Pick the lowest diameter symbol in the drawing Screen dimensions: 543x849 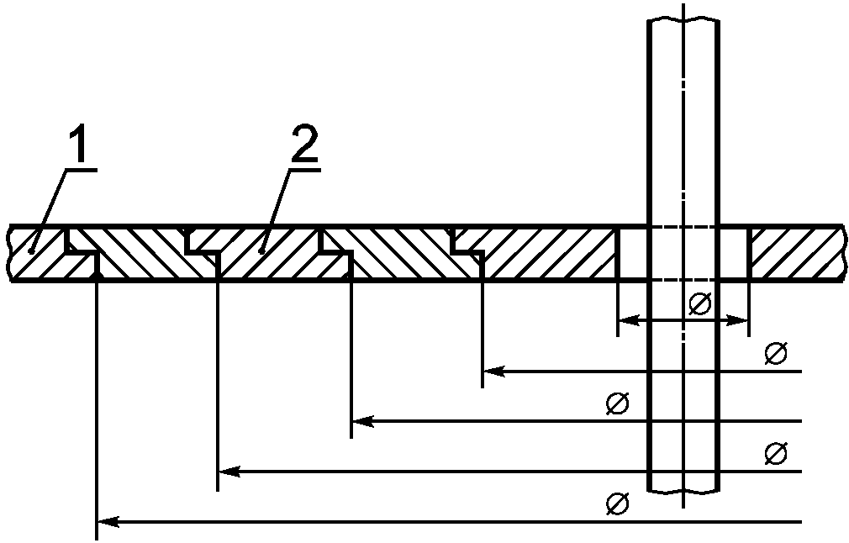click(616, 504)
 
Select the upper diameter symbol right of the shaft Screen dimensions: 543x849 click(775, 354)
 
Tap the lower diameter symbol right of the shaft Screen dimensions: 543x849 click(775, 454)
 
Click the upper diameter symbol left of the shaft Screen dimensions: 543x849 click(616, 403)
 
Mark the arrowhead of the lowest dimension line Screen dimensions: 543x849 click(106, 522)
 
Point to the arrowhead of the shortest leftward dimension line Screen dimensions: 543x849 click(493, 371)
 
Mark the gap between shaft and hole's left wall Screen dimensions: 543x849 click(632, 252)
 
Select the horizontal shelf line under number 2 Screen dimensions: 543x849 click(305, 169)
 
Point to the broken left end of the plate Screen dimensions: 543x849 click(10, 252)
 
